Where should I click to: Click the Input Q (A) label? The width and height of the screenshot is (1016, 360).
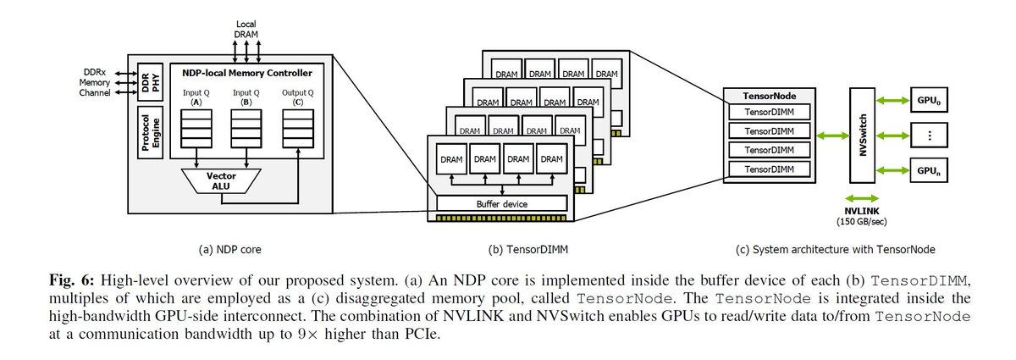[196, 97]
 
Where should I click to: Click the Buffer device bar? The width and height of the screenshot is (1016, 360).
[500, 204]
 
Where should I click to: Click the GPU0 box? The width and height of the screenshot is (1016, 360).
[928, 98]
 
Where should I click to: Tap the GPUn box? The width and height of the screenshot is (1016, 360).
[928, 170]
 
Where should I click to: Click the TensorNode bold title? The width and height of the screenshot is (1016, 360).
[768, 97]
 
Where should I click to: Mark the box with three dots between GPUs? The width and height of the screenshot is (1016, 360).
[928, 135]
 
